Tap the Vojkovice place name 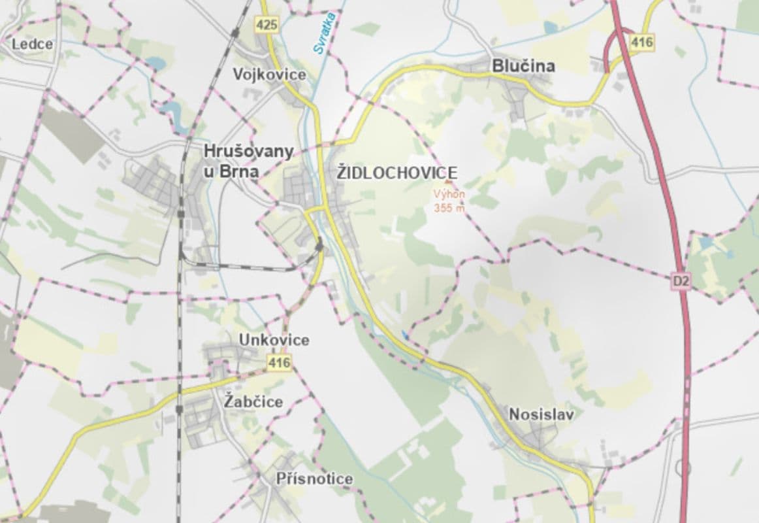pos(269,75)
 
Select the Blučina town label pos(523,66)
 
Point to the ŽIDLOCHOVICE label pos(396,173)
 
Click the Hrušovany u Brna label pos(248,161)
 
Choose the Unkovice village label pos(274,340)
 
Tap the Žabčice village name pos(253,401)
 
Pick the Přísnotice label pos(314,479)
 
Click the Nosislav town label pos(541,414)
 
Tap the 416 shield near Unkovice pos(279,362)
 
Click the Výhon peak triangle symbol pos(448,184)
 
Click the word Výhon pos(449,194)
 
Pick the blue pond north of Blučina pos(550,27)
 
